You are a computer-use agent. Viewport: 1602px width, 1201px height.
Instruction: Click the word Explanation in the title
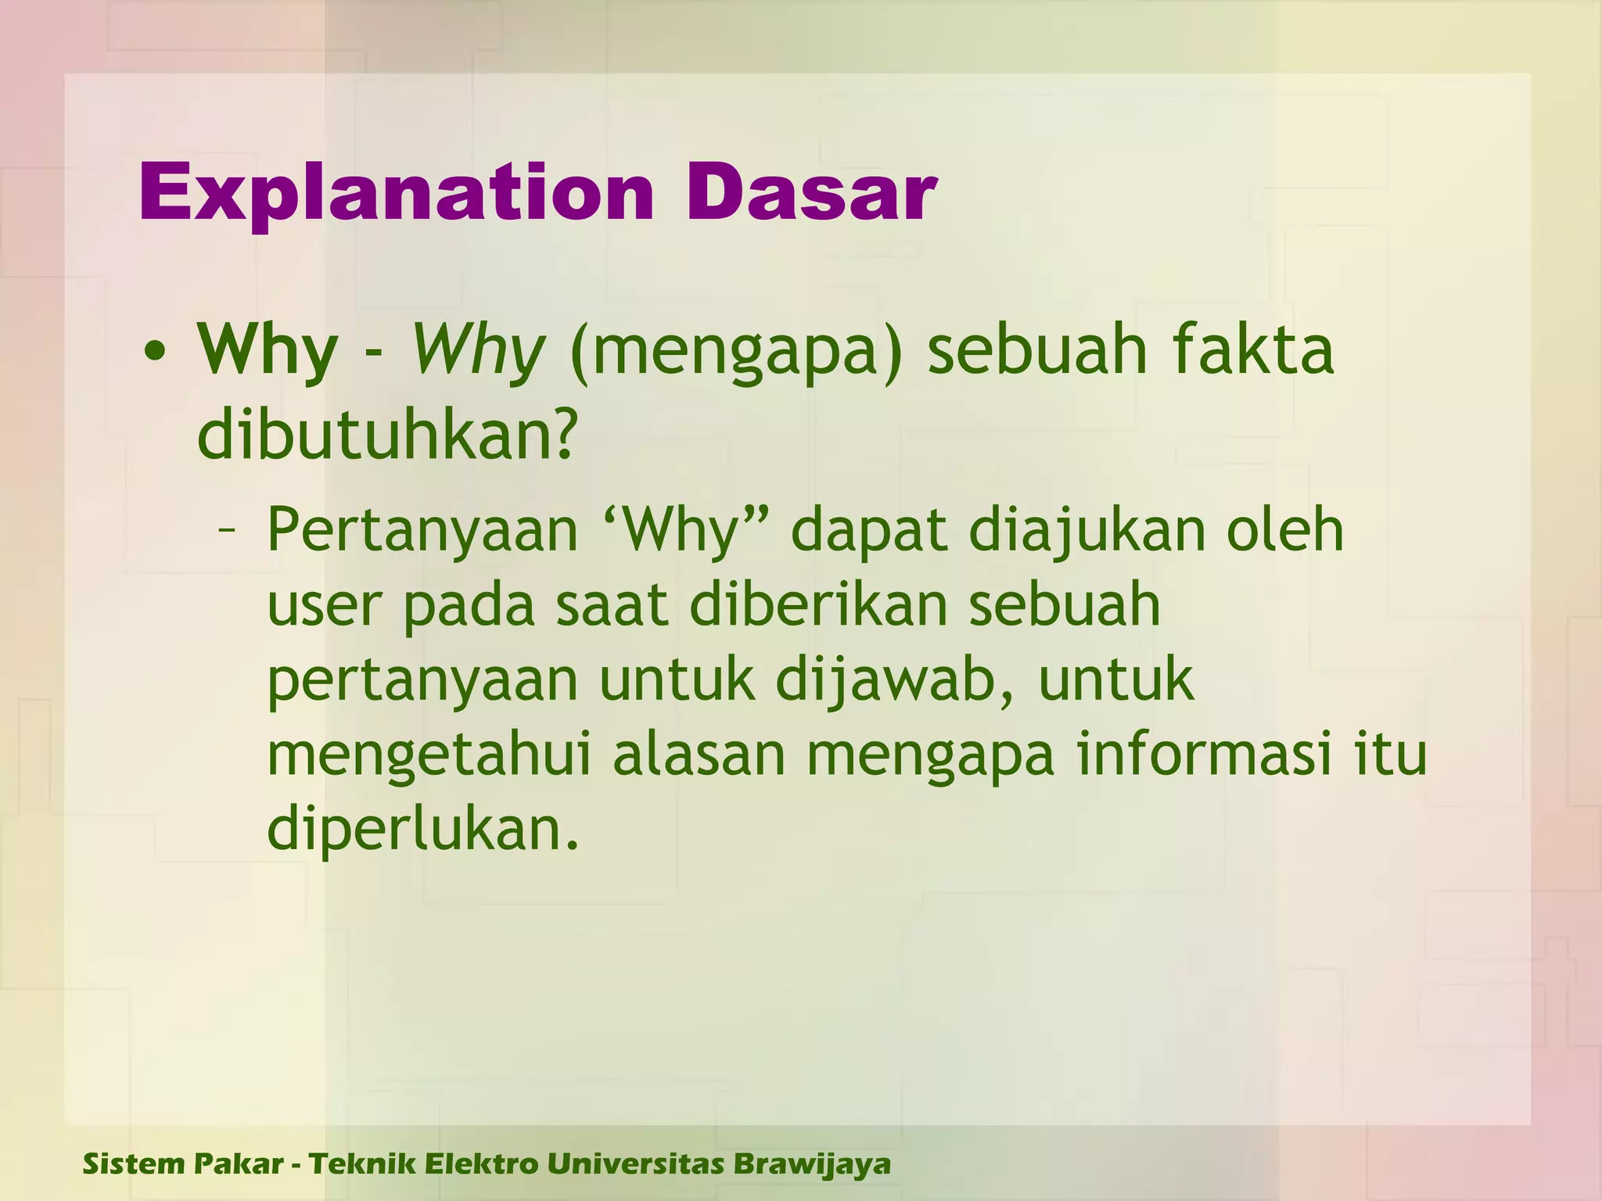click(396, 194)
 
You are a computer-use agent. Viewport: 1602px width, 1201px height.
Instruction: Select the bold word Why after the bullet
click(268, 350)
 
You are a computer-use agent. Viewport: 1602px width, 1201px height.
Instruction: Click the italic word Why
click(477, 350)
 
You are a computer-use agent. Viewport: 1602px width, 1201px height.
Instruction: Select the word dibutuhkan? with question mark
click(387, 435)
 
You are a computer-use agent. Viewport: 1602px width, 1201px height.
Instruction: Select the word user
click(325, 607)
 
